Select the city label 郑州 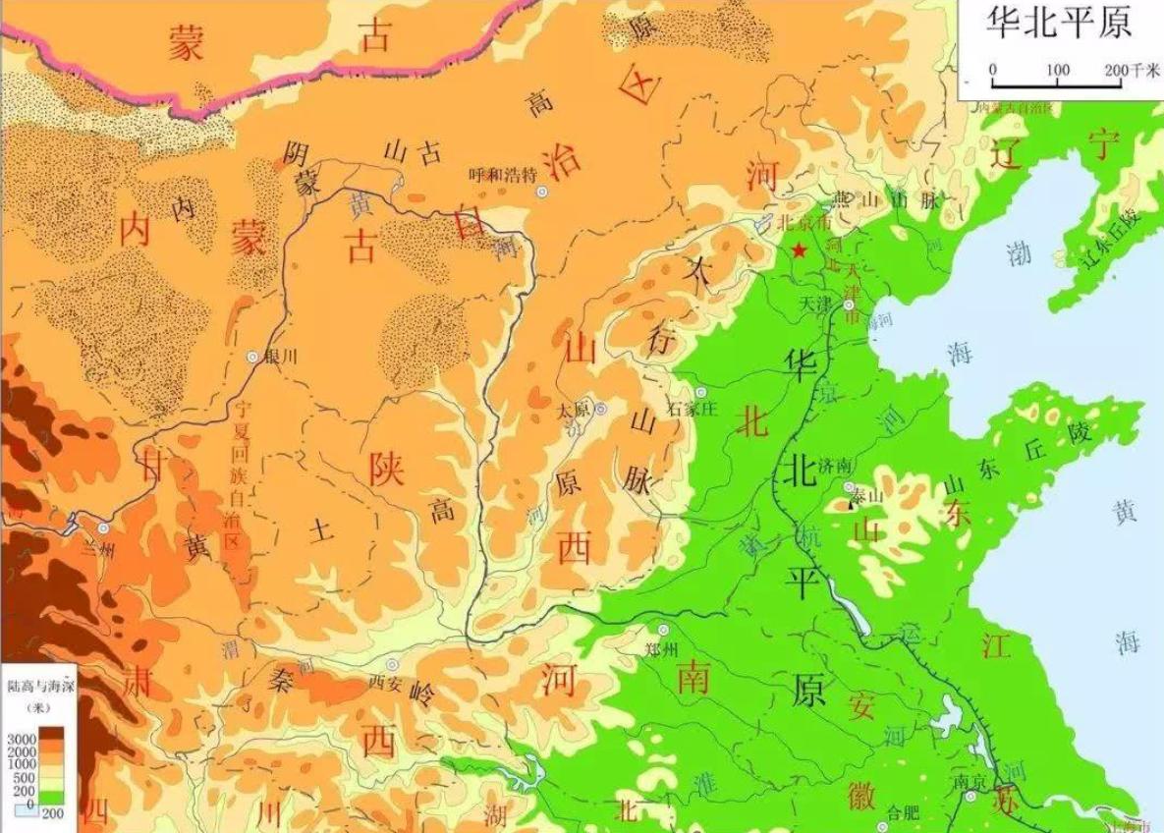click(x=663, y=649)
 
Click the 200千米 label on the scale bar click(x=1127, y=70)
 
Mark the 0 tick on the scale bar click(x=992, y=70)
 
